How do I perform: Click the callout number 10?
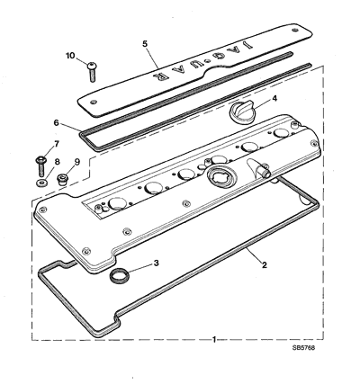click(x=70, y=56)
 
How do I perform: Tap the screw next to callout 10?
click(x=92, y=72)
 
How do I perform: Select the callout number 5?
click(x=145, y=44)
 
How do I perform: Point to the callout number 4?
click(x=274, y=98)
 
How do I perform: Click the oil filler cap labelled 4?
click(x=241, y=113)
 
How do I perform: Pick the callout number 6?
click(x=56, y=122)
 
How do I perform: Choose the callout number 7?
click(x=57, y=144)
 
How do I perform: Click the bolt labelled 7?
click(x=40, y=166)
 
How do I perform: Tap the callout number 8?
click(x=57, y=162)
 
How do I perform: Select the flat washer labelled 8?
click(x=41, y=182)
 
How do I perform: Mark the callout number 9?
click(x=77, y=162)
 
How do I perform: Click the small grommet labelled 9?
click(x=63, y=179)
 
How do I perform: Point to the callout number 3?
click(x=156, y=263)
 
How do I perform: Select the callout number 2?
click(x=265, y=265)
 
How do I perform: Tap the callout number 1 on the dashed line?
click(x=214, y=339)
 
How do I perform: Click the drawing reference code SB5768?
click(x=304, y=348)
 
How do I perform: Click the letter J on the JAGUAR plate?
click(x=247, y=45)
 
